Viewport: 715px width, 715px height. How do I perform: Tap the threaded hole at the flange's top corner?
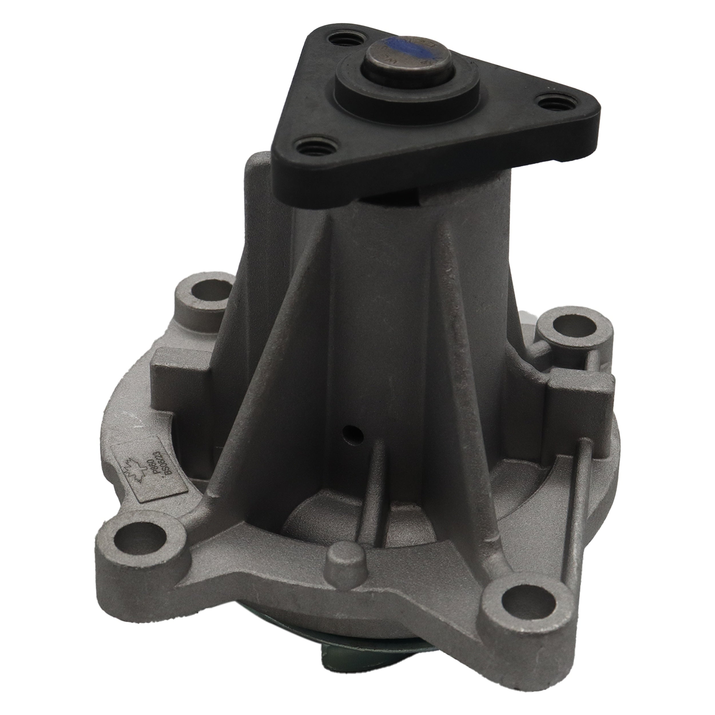[x=341, y=40]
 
